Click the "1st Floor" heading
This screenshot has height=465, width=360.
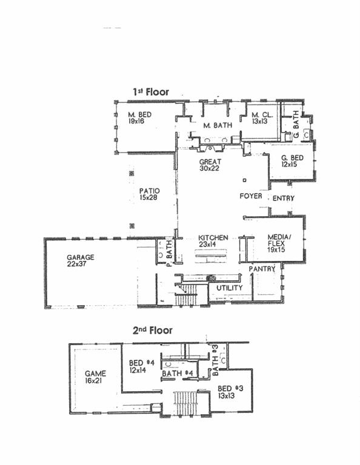click(151, 92)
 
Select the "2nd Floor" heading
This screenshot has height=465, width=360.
click(152, 331)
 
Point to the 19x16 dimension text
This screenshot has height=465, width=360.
click(139, 121)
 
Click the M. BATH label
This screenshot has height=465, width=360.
click(215, 125)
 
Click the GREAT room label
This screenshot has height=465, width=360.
click(210, 162)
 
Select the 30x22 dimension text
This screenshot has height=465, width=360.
click(210, 169)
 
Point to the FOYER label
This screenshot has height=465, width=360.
click(250, 196)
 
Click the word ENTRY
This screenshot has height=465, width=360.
click(283, 199)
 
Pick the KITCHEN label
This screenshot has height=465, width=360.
click(213, 237)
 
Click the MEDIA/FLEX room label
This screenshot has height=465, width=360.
click(279, 241)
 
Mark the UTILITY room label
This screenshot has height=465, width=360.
click(230, 288)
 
